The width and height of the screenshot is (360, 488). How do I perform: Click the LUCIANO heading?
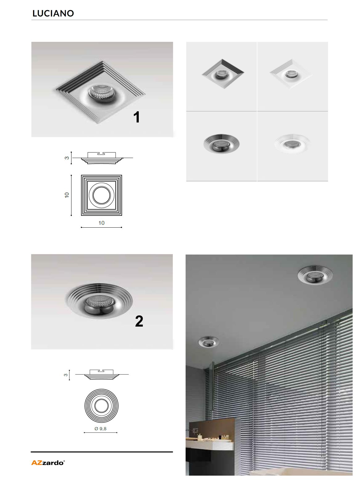[x=53, y=13]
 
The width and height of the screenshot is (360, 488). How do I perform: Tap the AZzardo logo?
[x=48, y=463]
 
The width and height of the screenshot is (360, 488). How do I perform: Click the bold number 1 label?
[x=137, y=117]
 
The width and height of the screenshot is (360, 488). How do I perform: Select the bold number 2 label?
[x=139, y=321]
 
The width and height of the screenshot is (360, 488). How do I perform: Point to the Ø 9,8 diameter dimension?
[x=100, y=429]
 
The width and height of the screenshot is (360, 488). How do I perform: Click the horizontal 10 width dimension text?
[x=101, y=223]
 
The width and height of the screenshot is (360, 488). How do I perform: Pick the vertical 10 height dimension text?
[x=67, y=195]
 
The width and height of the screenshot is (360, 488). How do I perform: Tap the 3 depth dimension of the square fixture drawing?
[x=67, y=158]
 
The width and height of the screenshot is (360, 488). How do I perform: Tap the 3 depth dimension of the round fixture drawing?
[x=66, y=375]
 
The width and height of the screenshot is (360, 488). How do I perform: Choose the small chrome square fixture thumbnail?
[x=222, y=74]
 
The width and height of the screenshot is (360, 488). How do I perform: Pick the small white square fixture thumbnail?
[x=291, y=74]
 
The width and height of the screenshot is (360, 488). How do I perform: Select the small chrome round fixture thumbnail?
[x=222, y=144]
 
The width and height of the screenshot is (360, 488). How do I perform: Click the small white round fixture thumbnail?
[x=292, y=144]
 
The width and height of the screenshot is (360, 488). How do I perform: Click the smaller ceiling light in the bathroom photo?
[x=209, y=342]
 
